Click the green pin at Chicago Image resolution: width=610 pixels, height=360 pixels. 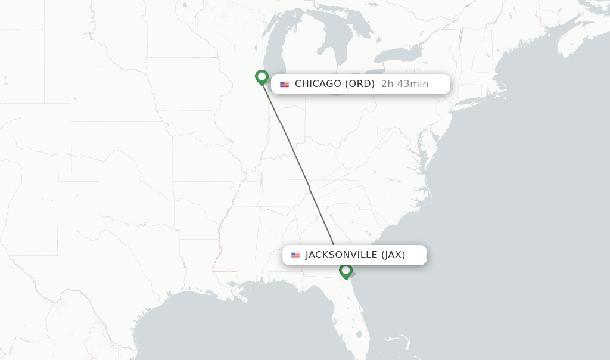pos(262,77)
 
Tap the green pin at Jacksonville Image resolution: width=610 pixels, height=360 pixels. pos(346,271)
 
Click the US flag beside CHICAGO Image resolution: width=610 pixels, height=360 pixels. pos(284,84)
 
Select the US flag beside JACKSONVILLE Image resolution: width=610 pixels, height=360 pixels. pos(295,255)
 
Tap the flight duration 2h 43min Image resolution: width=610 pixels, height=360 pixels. pos(404,84)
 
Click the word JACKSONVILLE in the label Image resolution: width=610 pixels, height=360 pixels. pos(341,255)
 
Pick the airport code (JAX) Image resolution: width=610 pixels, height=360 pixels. pos(393,255)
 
